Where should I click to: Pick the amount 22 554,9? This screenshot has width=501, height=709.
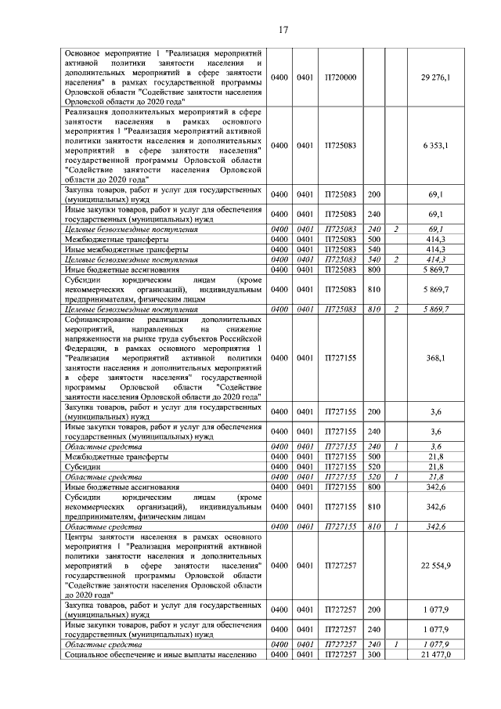[x=436, y=565]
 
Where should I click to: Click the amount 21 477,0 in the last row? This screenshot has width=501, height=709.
[x=436, y=653]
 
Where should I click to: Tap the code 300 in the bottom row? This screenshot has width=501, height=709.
[x=373, y=653]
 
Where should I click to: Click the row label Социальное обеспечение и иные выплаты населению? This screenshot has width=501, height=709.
[x=161, y=653]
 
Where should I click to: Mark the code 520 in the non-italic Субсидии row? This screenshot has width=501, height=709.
[x=373, y=466]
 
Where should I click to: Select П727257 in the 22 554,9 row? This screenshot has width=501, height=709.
[x=341, y=565]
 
